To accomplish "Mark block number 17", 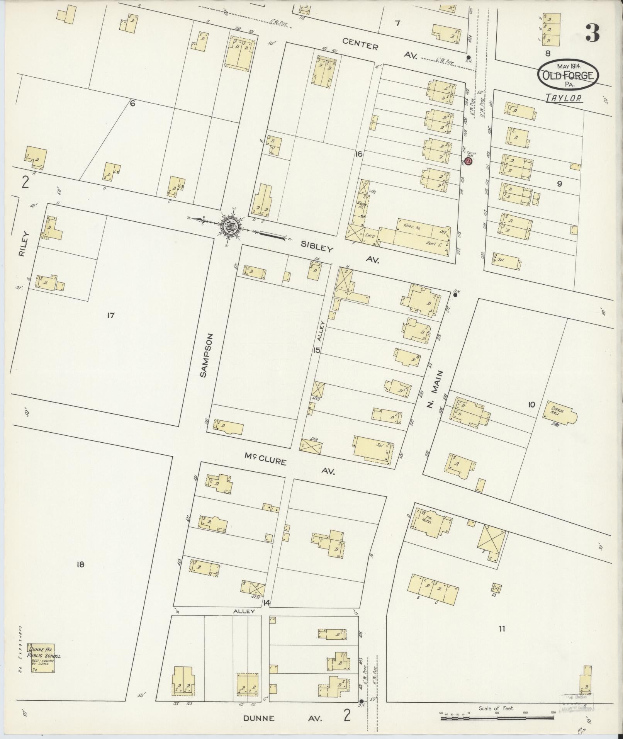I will [x=110, y=316].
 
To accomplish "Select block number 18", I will [x=80, y=564].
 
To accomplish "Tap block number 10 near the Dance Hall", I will [x=532, y=404].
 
